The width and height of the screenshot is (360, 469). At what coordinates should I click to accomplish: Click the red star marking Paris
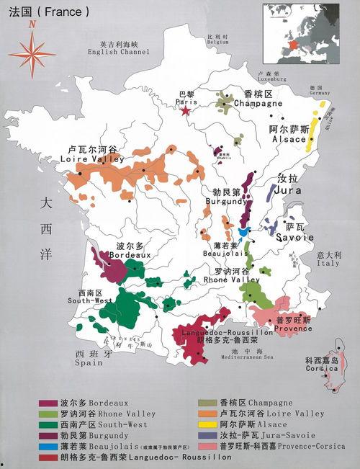pyautogui.click(x=186, y=110)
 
